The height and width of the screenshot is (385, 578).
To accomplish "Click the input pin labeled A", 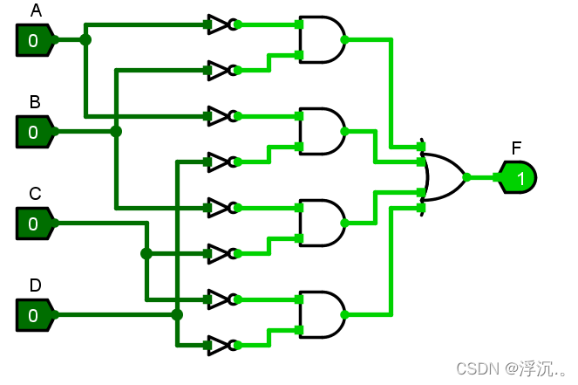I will point(34,39).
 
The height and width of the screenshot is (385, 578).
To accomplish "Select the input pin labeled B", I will point(34,132).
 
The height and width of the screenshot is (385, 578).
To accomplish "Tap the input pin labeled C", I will point(34,223).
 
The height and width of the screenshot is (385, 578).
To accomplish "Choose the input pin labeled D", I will point(34,315).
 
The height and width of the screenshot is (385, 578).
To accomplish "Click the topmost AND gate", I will point(320,39).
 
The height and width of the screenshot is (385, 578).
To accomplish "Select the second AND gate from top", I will point(320,131).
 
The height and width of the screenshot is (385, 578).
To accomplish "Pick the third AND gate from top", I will point(320,223).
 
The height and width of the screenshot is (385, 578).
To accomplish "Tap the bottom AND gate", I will point(320,314).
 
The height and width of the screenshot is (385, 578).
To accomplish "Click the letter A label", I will point(36,10).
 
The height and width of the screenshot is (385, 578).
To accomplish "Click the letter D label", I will point(36,285).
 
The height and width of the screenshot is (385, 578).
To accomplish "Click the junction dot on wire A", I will point(85,39).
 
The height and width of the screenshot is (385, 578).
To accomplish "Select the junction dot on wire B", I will point(116,131).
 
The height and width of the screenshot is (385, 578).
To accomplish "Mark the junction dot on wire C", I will point(146,253).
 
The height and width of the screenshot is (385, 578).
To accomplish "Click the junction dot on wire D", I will point(177,314).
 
